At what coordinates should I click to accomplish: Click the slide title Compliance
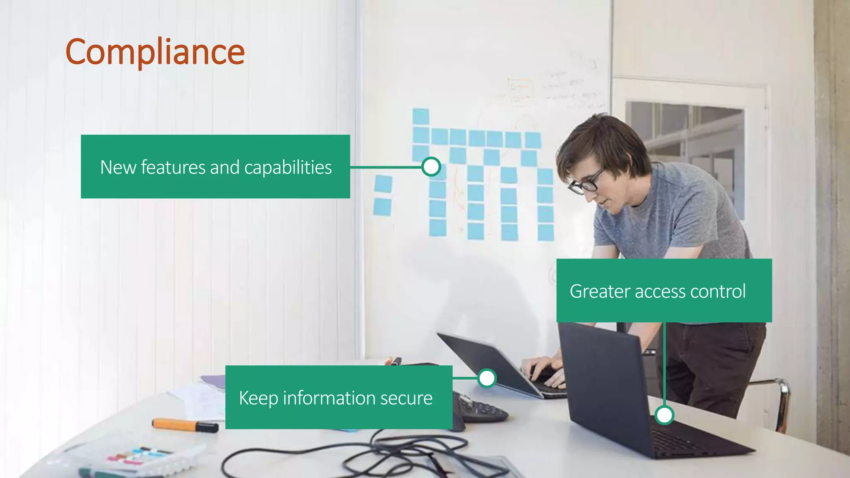click(x=155, y=52)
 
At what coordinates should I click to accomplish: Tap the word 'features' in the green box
click(x=173, y=167)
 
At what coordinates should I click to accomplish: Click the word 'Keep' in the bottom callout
click(x=258, y=398)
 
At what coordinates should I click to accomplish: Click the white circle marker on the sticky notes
click(x=431, y=167)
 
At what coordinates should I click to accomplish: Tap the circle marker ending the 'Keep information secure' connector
click(x=487, y=378)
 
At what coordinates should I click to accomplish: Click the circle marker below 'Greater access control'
click(x=664, y=415)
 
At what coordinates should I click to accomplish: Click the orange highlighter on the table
click(x=185, y=425)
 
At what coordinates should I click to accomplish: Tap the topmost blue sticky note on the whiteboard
click(x=420, y=116)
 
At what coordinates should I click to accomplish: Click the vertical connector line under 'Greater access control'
click(x=664, y=365)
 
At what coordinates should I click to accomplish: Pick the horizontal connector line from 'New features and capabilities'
click(x=386, y=167)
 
